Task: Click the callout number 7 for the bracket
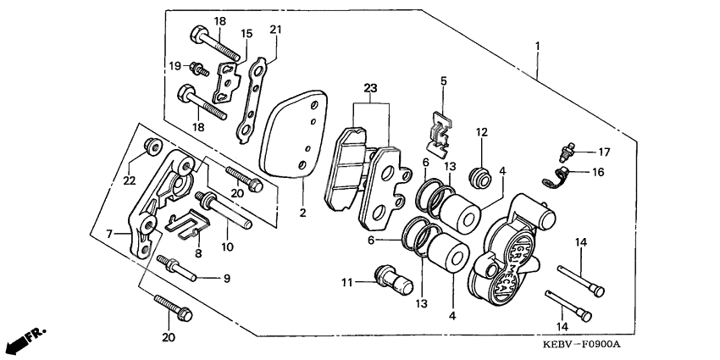coord(108,232)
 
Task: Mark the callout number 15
coord(246,34)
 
